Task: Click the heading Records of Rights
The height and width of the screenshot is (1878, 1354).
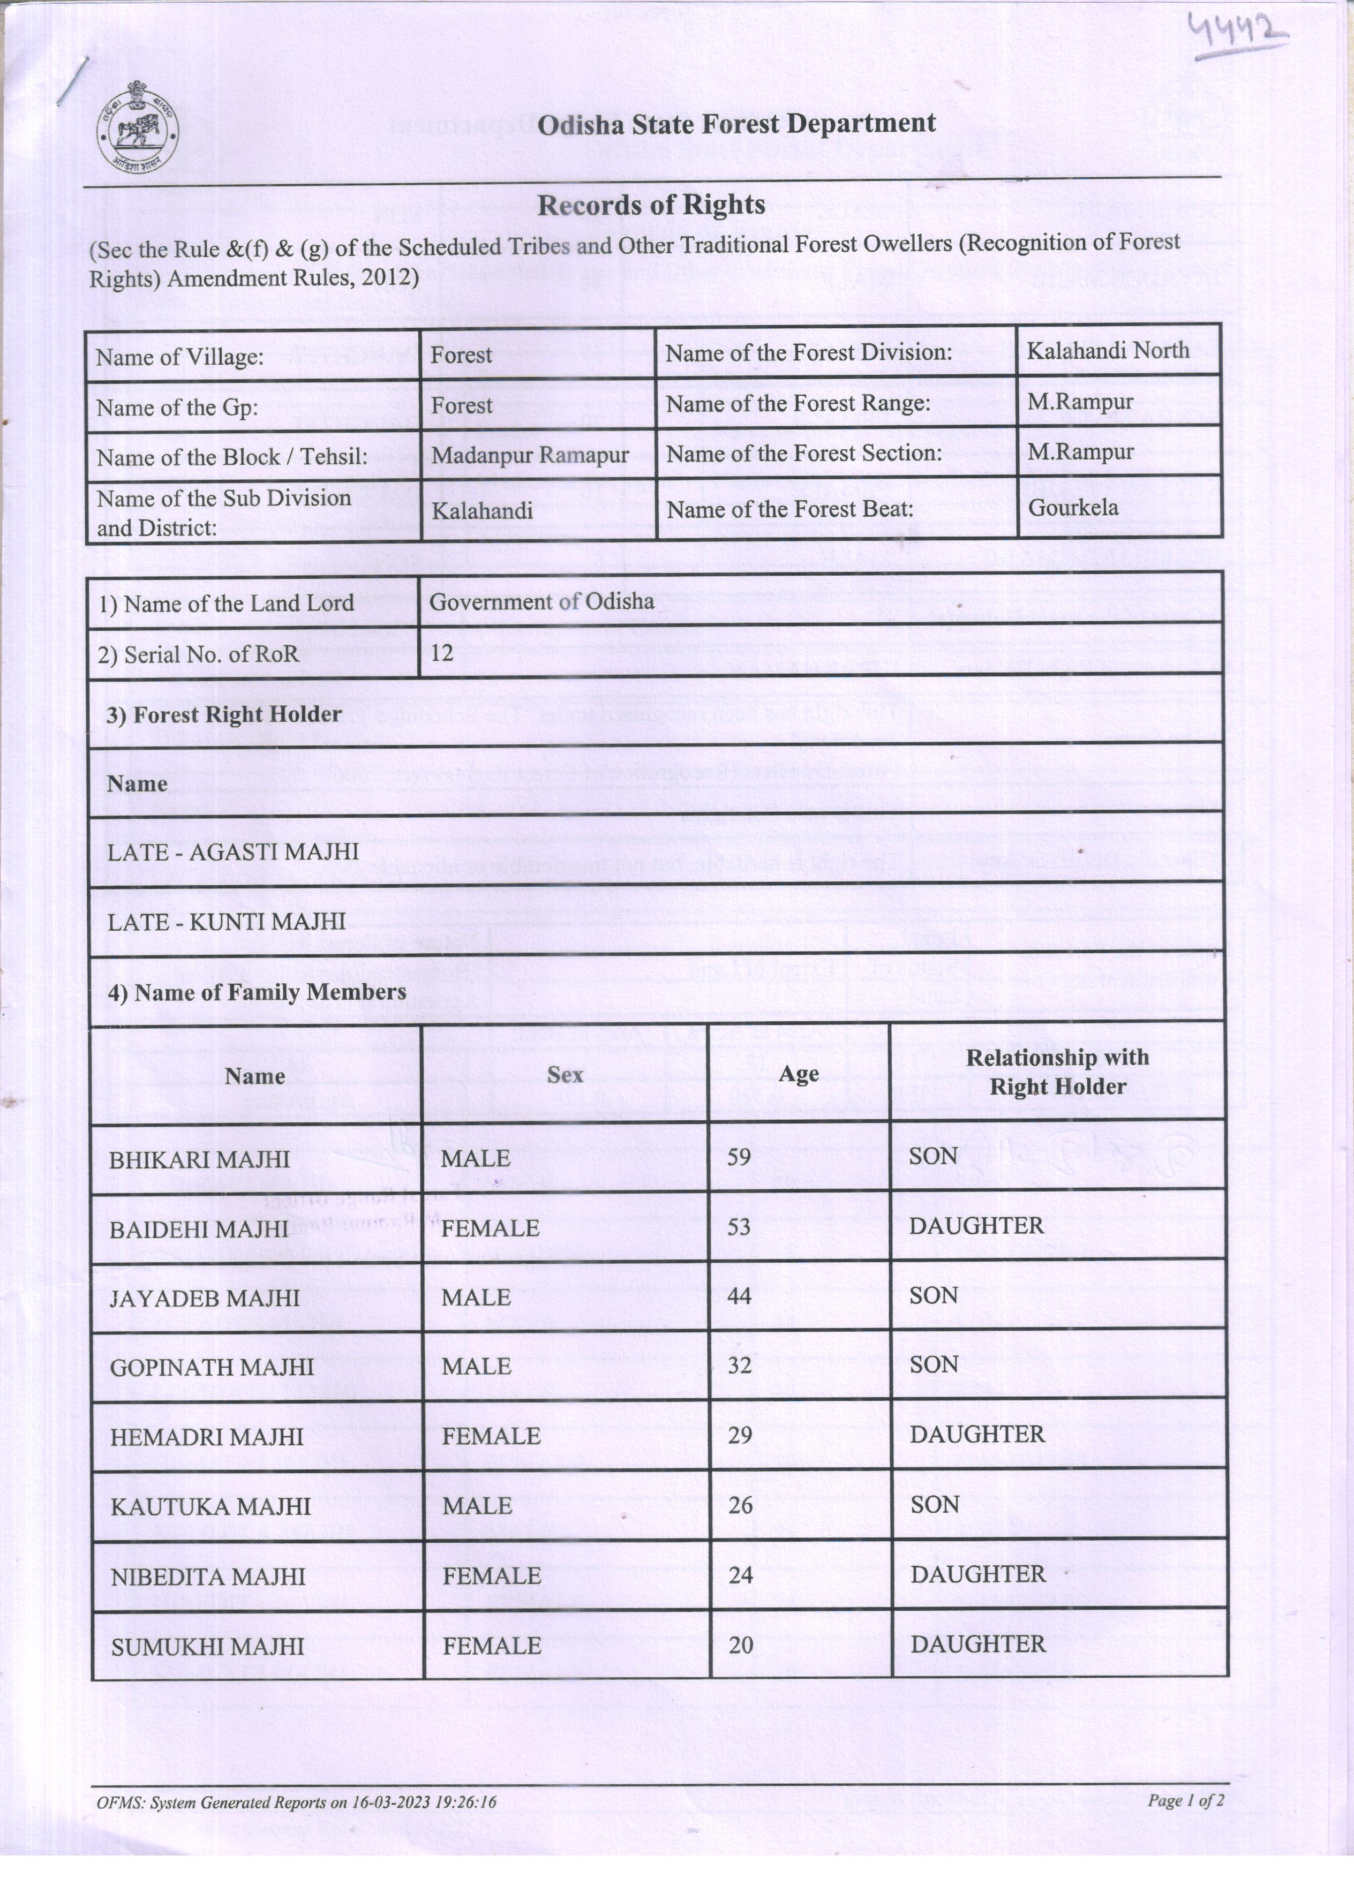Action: click(x=651, y=205)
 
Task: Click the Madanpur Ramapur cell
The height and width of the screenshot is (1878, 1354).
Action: click(x=530, y=455)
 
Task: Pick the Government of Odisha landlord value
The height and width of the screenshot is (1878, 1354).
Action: click(x=541, y=602)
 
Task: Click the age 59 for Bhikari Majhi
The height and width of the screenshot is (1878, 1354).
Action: click(x=739, y=1157)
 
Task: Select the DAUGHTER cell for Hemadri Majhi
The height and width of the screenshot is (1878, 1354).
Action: click(x=977, y=1434)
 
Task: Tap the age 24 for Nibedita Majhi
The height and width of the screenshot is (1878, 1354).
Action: click(x=740, y=1574)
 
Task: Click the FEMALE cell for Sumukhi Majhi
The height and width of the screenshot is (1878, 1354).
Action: click(x=491, y=1645)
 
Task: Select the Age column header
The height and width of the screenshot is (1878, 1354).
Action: click(x=799, y=1074)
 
